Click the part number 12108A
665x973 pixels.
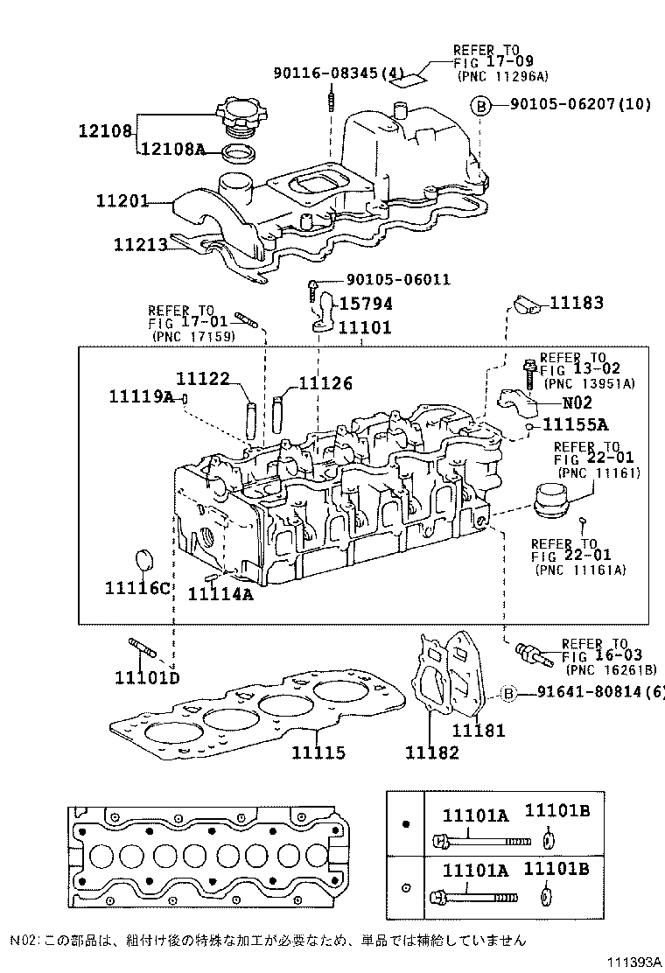coord(173,150)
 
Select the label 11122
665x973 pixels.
coord(202,378)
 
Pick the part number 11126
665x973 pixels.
coord(325,383)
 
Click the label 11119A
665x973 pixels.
coord(142,397)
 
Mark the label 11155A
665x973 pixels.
coord(575,425)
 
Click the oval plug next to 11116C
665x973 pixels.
coord(143,558)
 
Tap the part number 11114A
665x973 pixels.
coord(220,595)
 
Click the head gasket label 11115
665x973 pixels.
coord(318,752)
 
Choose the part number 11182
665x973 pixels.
coord(431,752)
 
